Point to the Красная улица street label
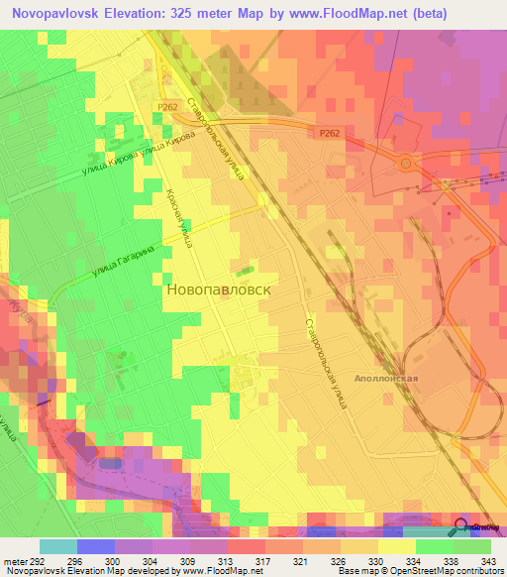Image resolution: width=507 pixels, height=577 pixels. click(x=183, y=217)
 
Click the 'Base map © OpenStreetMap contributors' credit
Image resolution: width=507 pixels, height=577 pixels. click(x=419, y=571)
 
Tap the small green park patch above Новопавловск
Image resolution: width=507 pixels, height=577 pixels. click(x=244, y=268)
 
